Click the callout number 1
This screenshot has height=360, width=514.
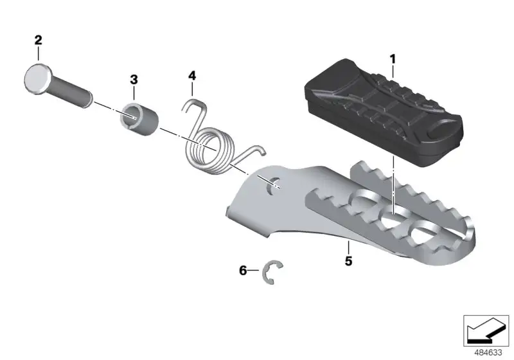pyautogui.click(x=393, y=59)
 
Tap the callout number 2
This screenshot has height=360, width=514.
pyautogui.click(x=39, y=40)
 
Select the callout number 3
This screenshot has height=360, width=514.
pyautogui.click(x=134, y=79)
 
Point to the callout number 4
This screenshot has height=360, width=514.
pyautogui.click(x=192, y=76)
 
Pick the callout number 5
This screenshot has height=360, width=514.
pyautogui.click(x=348, y=261)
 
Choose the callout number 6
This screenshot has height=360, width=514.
pyautogui.click(x=243, y=271)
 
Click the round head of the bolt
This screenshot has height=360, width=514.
pyautogui.click(x=37, y=79)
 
